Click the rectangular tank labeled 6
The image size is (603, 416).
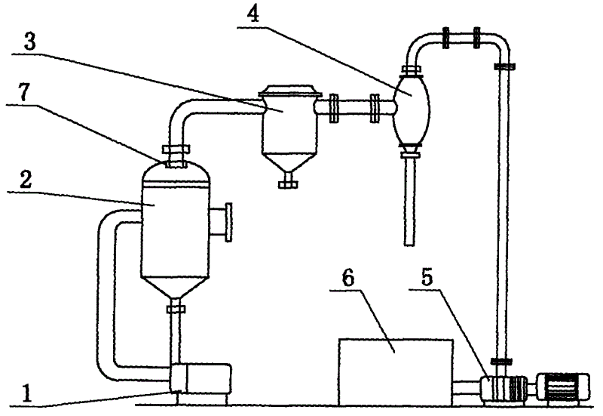pyautogui.click(x=396, y=365)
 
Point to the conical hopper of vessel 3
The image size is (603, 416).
pyautogui.click(x=288, y=161)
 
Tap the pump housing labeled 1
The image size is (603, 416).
pyautogui.click(x=200, y=377)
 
